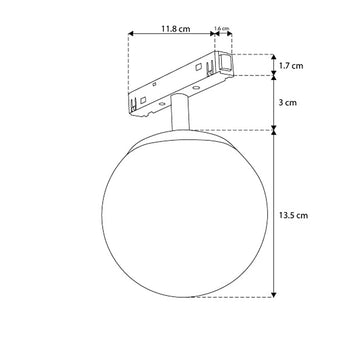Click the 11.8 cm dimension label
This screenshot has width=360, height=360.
coord(176,29)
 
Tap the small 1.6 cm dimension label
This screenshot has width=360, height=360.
coord(222,29)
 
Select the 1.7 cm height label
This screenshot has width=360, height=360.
coord(291,66)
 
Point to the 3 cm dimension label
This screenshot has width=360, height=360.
coord(287,102)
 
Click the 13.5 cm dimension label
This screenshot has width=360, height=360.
coord(293,215)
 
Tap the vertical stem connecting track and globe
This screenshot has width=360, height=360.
coord(180,112)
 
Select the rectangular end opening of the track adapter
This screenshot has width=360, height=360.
coord(225,63)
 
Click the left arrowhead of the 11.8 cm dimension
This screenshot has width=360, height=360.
coord(131,33)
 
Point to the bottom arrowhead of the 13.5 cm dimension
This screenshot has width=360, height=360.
coord(274,295)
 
